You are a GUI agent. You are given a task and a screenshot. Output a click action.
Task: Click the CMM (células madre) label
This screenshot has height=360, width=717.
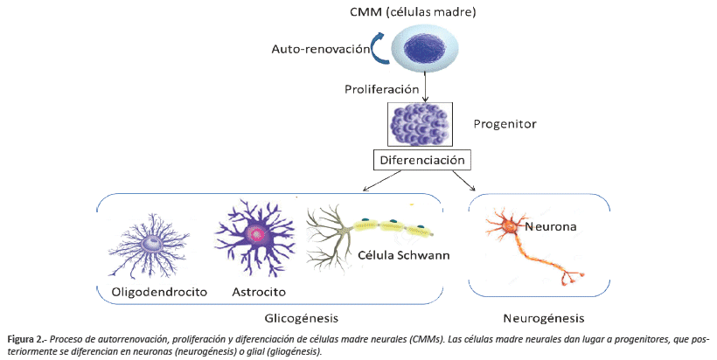(x=426, y=13)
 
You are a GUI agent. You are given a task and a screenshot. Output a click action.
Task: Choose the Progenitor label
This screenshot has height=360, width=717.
(x=504, y=124)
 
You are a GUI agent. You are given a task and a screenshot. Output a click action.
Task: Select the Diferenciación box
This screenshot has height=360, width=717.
(x=423, y=160)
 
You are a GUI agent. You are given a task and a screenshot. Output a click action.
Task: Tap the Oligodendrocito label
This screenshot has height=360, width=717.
(x=158, y=291)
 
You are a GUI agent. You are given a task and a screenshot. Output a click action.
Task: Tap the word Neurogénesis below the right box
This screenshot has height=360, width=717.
(x=545, y=317)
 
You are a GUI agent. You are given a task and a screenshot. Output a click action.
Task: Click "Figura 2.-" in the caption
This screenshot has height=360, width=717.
(x=29, y=338)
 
